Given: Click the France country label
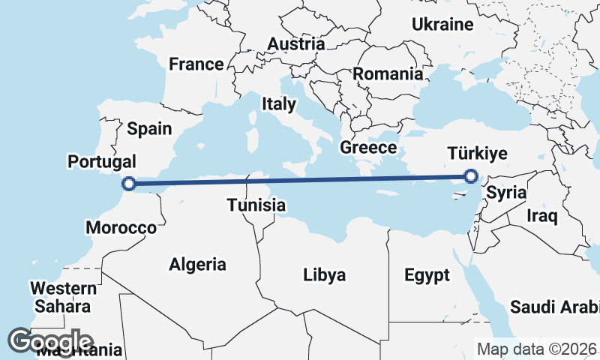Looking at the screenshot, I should pos(196,64).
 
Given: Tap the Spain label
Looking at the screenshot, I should pos(149,128).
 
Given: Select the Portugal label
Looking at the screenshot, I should pos(102,161).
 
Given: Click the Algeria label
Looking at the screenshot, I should pos(197,264).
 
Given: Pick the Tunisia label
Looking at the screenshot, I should pos(256,205).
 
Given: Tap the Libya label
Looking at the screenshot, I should pos(325,274).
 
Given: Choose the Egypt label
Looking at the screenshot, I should pos(427,274).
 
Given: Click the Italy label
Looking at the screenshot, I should pos(278,103).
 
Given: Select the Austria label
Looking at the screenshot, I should pos(295,44).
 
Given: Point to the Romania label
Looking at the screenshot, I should pos(388,74).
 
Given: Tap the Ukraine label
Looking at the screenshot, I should pos(442,25).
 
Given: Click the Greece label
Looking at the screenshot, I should pos(367,147).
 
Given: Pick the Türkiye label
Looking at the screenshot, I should pos(477,154).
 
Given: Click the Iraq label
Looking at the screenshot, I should pos(542,217).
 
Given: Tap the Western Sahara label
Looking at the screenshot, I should pos(63,297).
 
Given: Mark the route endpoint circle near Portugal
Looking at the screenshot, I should pos(129,183).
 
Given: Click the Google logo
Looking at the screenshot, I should pos(50,341).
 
